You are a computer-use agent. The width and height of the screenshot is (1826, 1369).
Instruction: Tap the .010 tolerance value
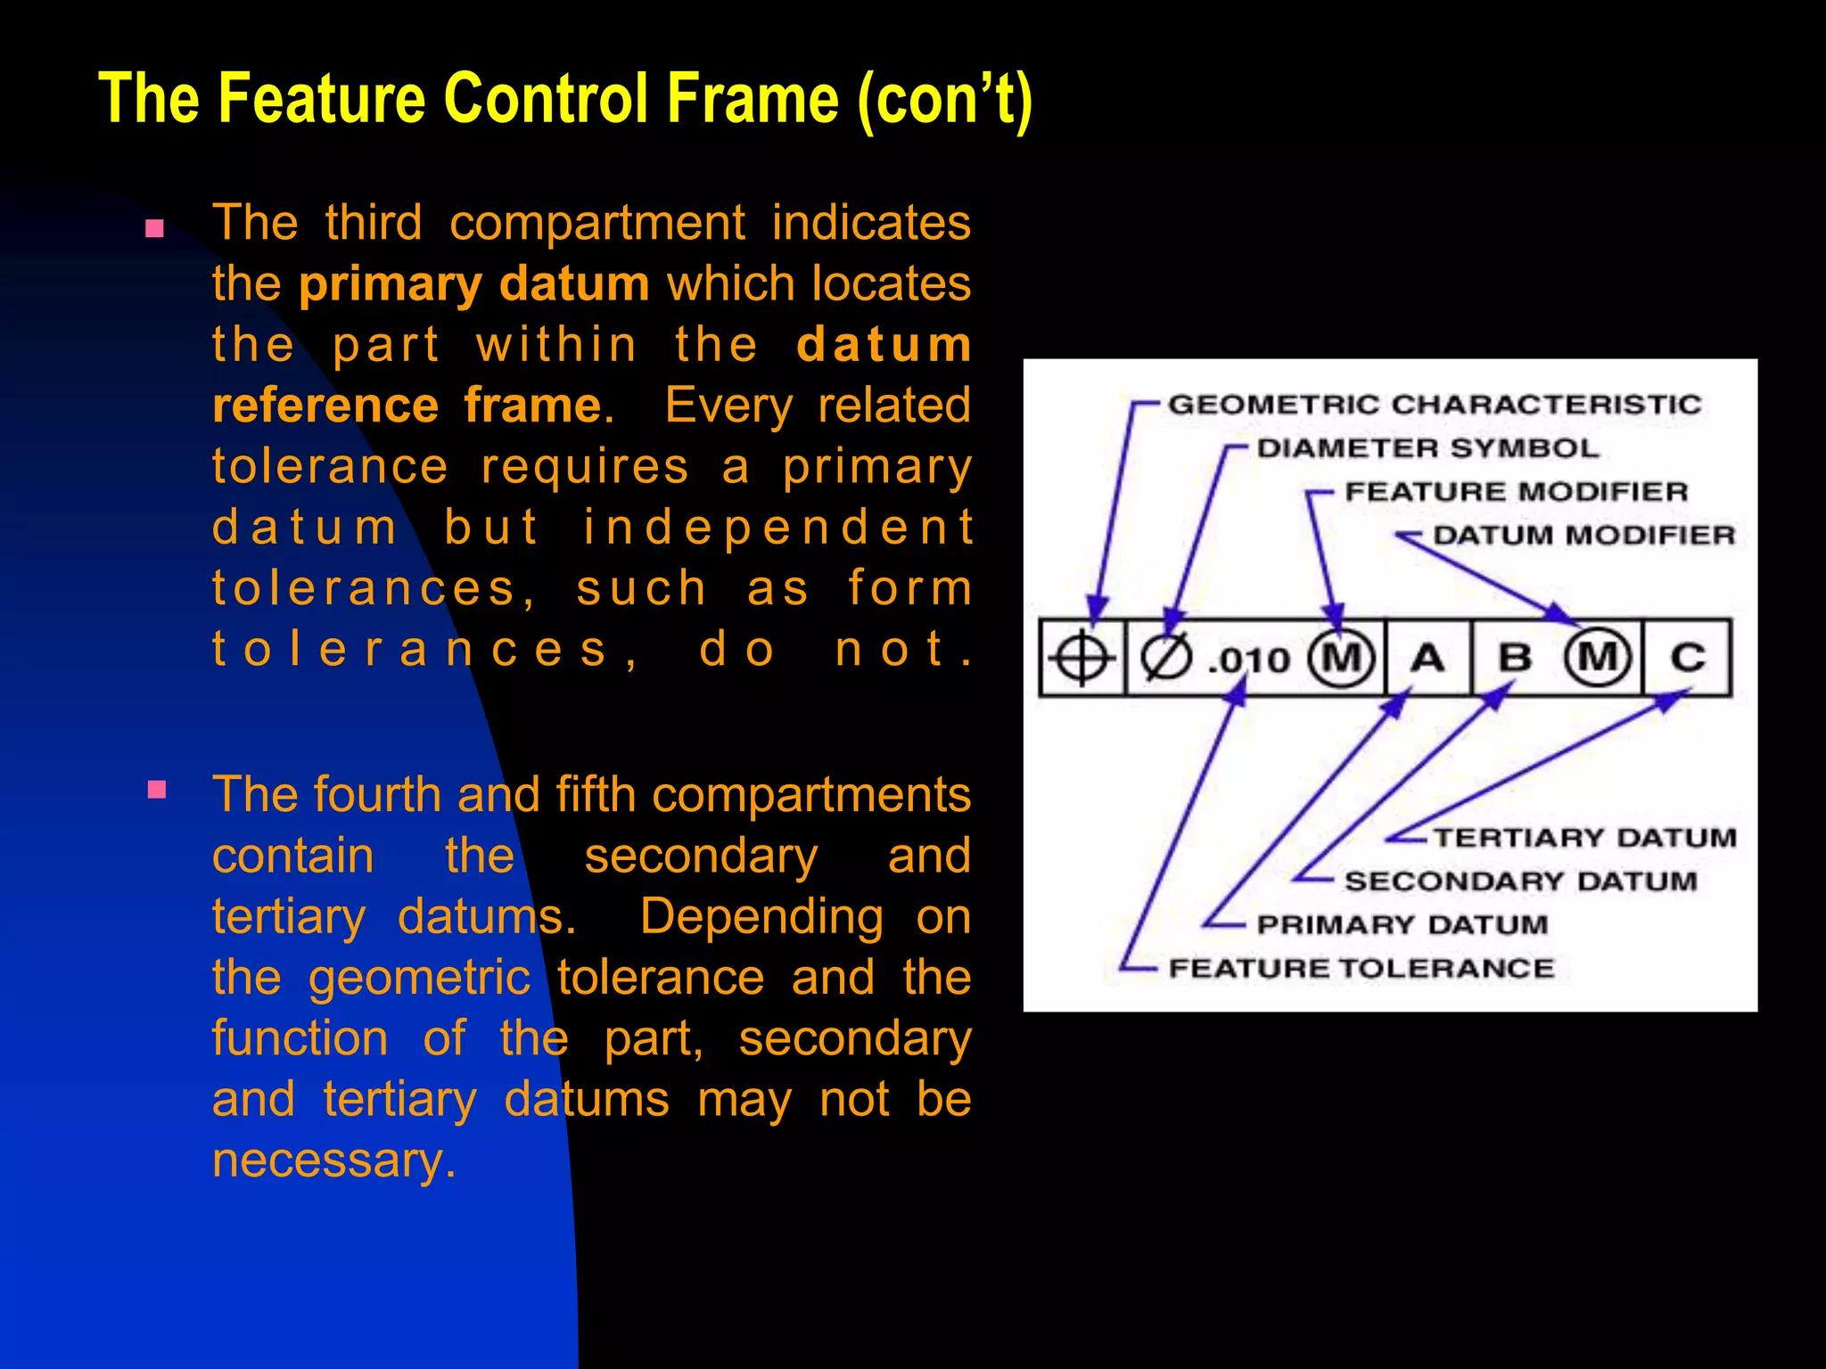1249,660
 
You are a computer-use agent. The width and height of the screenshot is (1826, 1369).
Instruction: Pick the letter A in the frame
1427,659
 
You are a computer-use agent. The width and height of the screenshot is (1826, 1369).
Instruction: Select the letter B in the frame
1514,659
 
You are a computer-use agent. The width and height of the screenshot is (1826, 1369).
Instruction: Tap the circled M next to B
1598,659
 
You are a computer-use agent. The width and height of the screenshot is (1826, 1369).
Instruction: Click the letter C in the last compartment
1688,659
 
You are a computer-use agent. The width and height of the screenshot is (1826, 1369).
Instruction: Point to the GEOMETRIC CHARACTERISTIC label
1434,405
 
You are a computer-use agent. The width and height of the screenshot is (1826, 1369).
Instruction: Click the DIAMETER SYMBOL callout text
1427,448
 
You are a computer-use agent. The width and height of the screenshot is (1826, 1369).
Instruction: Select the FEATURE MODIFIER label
1516,492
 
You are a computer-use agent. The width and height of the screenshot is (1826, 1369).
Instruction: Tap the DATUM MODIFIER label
1583,536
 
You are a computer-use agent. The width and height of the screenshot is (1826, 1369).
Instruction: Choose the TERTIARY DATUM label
1584,838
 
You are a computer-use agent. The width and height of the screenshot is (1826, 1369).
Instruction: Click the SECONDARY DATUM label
1520,881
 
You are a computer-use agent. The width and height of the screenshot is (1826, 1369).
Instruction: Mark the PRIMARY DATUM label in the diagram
1402,925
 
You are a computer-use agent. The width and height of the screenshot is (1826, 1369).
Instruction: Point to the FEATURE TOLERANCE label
1361,969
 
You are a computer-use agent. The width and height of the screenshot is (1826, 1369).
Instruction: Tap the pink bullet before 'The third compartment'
155,229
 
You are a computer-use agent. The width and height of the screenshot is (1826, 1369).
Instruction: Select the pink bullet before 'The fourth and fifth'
157,790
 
